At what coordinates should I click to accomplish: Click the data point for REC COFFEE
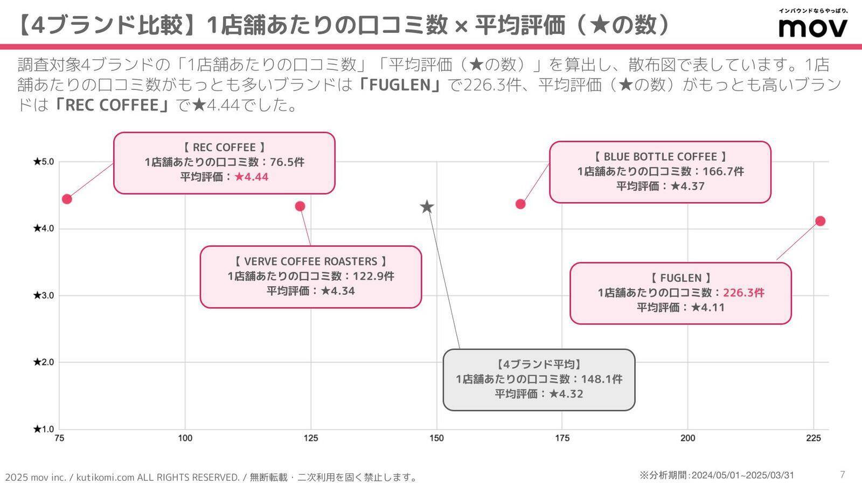pos(67,199)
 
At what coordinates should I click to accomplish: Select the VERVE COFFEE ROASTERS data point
pos(300,206)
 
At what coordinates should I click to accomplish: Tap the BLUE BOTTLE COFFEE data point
pos(520,204)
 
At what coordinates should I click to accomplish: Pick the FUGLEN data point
pos(820,221)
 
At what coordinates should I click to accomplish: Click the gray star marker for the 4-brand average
pos(427,207)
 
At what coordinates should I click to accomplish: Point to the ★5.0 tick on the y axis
pos(44,162)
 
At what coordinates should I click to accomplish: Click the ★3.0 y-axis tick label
pos(44,295)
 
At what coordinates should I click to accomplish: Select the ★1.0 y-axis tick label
pos(44,429)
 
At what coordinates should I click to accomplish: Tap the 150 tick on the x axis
pos(436,438)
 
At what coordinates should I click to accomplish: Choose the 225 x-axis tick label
pos(814,438)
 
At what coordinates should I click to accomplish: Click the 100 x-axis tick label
pos(185,438)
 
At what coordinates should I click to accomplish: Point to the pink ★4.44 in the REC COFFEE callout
pos(251,177)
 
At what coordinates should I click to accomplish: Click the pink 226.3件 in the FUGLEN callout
pos(743,293)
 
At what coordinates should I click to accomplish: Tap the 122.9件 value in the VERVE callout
pos(373,276)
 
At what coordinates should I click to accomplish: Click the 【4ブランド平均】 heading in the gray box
pos(539,364)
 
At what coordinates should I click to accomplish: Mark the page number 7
pos(843,474)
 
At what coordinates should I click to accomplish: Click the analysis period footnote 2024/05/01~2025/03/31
pos(742,475)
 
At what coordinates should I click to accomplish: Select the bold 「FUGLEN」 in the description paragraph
pos(401,85)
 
